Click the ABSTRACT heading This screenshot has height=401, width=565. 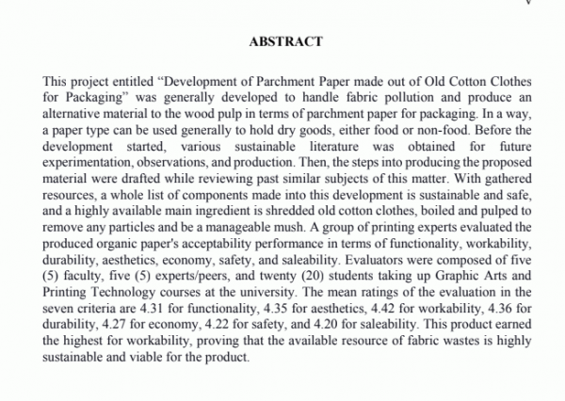click(285, 41)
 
